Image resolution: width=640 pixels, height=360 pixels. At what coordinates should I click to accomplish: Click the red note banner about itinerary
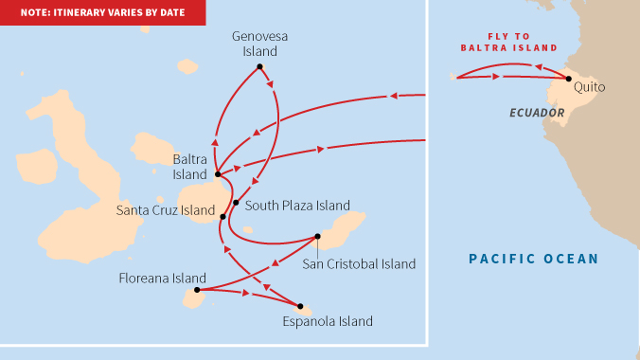point(102,13)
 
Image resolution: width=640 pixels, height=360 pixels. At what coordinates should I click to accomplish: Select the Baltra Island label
point(189,167)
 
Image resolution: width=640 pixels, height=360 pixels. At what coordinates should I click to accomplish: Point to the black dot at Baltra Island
point(218,174)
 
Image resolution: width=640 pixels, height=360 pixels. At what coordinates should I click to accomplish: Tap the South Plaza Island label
point(297,205)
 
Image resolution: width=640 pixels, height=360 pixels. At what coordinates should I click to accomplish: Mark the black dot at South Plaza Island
point(236,203)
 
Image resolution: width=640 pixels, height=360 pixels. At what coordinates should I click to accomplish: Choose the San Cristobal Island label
point(359,264)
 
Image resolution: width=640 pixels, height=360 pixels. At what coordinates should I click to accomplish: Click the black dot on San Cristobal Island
point(318,237)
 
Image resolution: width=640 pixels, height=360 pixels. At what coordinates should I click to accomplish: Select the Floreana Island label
point(162,279)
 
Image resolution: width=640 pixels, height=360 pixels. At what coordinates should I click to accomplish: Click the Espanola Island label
point(328,322)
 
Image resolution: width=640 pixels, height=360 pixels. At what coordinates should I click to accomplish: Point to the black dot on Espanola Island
point(300,306)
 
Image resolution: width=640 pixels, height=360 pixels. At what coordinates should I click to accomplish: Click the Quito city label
point(589,87)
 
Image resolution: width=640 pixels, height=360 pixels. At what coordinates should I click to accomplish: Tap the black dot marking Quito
point(568,79)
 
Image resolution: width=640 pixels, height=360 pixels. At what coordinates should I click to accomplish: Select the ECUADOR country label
point(537,113)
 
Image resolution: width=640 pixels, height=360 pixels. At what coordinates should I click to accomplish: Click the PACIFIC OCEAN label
point(534,259)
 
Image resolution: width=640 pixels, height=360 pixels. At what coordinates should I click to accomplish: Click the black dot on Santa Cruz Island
point(222,217)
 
